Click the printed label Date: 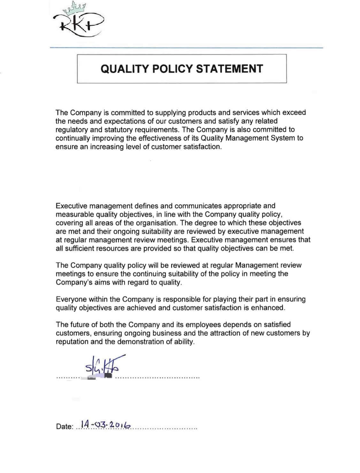(x=65, y=427)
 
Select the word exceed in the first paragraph (x=294, y=112)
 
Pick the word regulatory (x=71, y=130)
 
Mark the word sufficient (x=78, y=248)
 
